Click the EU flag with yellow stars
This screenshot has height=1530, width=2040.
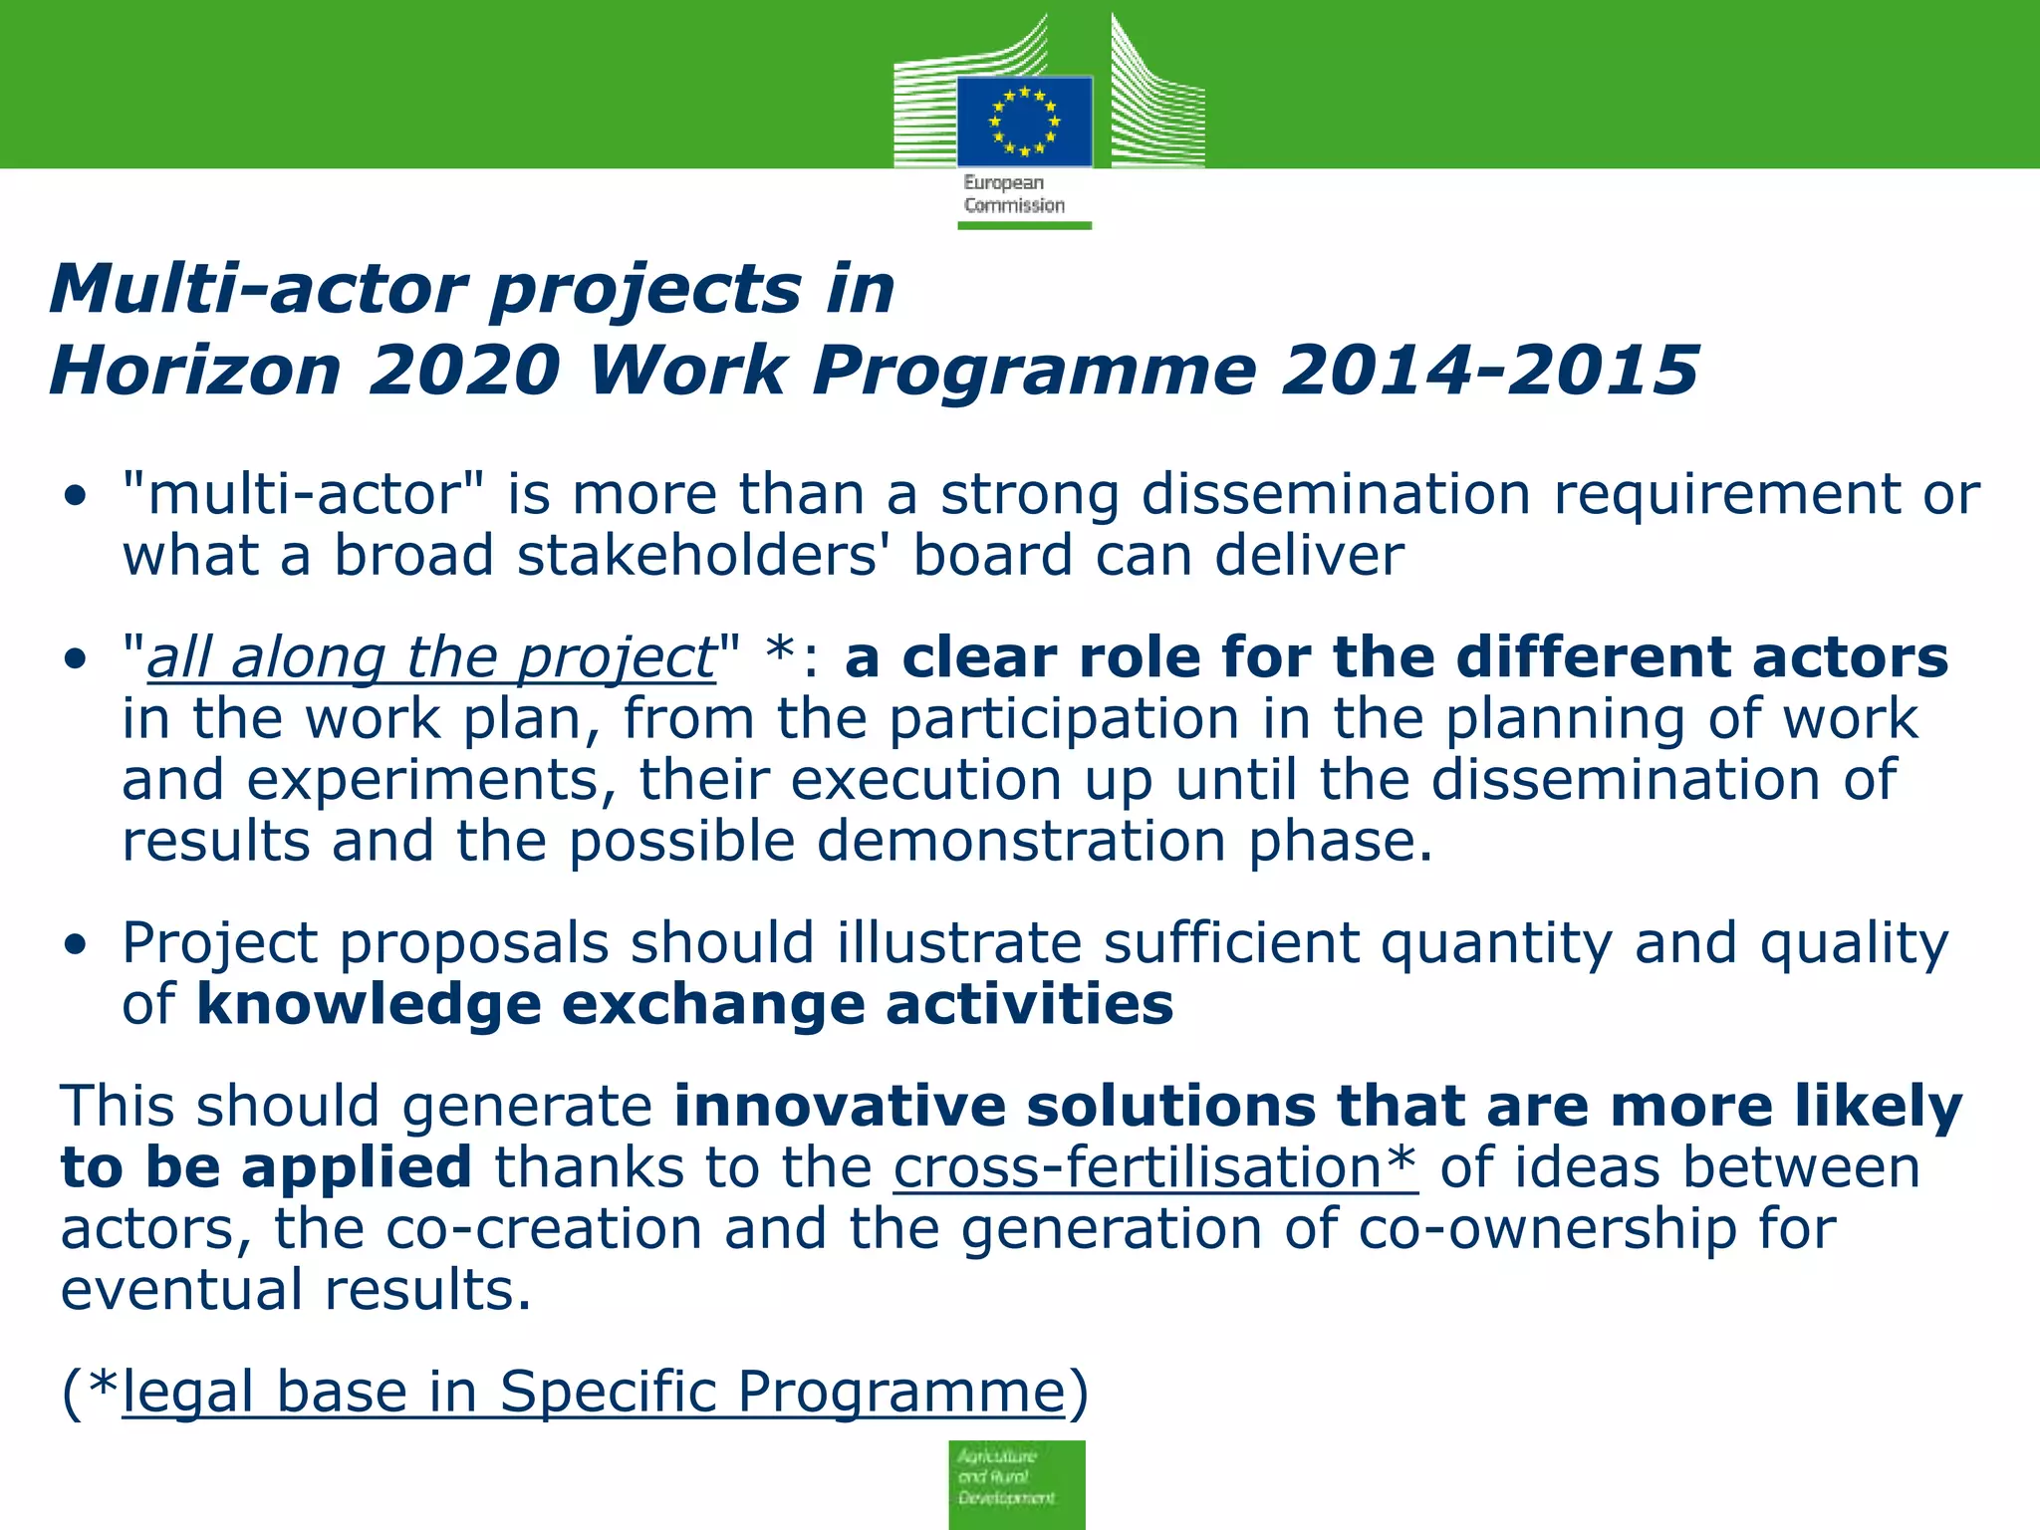[x=1024, y=122]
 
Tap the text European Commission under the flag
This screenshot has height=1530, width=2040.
[x=1013, y=194]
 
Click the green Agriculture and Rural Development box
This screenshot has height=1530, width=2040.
[x=1016, y=1483]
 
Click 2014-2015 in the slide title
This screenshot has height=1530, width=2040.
[x=1489, y=371]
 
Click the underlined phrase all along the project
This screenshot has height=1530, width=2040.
[x=431, y=658]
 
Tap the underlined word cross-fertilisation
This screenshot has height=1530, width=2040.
[x=1154, y=1167]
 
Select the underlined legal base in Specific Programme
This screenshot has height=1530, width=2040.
[x=594, y=1391]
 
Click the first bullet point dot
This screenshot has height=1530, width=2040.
[x=76, y=497]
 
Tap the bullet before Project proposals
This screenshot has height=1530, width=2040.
[x=76, y=945]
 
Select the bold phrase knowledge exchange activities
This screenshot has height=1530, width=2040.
[x=685, y=1004]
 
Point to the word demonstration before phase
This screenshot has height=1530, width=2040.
[x=1021, y=842]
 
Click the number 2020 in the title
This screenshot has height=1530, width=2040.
[x=464, y=371]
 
